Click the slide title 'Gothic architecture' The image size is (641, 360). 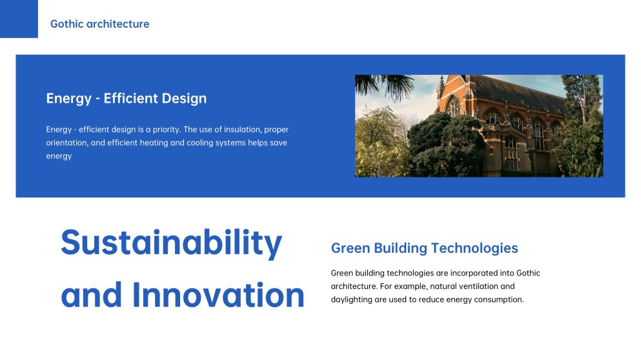click(x=99, y=24)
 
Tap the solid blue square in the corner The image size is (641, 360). click(x=19, y=19)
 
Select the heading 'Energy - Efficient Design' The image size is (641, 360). click(x=126, y=99)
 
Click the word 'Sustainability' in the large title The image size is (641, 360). click(x=171, y=243)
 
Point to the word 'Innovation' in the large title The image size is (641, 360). click(x=218, y=295)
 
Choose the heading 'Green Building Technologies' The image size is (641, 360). click(x=424, y=248)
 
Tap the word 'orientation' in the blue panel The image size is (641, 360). click(x=66, y=143)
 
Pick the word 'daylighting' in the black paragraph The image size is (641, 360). click(x=352, y=299)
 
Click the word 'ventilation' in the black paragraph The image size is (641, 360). click(x=493, y=286)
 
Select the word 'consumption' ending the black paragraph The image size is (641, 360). click(x=498, y=299)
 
